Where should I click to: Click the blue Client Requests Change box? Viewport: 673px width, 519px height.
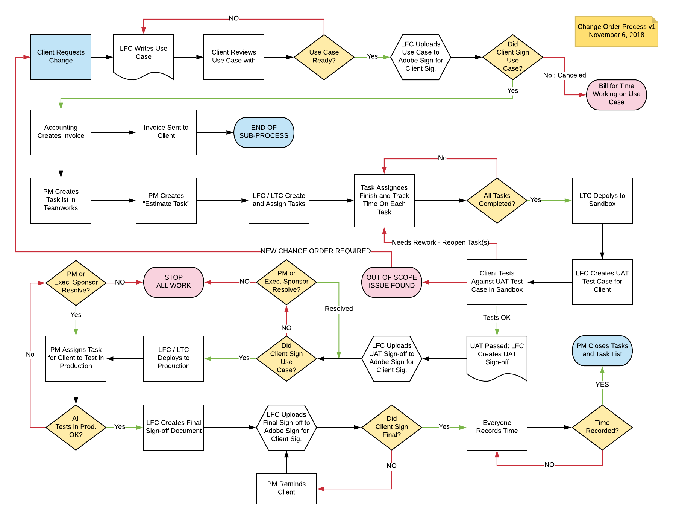[61, 57]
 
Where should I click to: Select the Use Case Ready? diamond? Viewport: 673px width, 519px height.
[324, 57]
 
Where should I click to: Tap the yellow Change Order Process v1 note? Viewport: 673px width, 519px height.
[616, 31]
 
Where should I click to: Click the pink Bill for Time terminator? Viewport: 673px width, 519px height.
[616, 94]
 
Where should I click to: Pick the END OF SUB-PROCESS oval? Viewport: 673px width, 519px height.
[264, 132]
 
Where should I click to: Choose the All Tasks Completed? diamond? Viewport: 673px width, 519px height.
[497, 200]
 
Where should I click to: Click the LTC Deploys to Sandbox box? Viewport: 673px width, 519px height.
[602, 200]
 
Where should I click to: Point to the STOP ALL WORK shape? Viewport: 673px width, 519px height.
[173, 282]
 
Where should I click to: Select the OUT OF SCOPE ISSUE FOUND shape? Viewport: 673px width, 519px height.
[391, 282]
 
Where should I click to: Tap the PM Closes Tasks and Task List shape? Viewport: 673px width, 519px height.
[602, 350]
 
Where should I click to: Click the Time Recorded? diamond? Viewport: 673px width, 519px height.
[602, 427]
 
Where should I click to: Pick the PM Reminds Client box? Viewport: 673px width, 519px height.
[286, 488]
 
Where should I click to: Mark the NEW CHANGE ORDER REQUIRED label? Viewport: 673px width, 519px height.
[315, 251]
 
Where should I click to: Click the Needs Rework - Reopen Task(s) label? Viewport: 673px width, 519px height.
[440, 243]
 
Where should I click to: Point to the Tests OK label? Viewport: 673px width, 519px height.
[497, 318]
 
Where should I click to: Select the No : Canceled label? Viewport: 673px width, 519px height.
[564, 75]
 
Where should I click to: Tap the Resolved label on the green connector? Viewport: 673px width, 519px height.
[339, 309]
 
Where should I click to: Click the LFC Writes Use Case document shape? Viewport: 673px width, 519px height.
[143, 55]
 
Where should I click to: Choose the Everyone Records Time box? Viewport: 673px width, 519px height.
[497, 427]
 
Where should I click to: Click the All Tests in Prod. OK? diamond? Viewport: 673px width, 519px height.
[76, 427]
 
